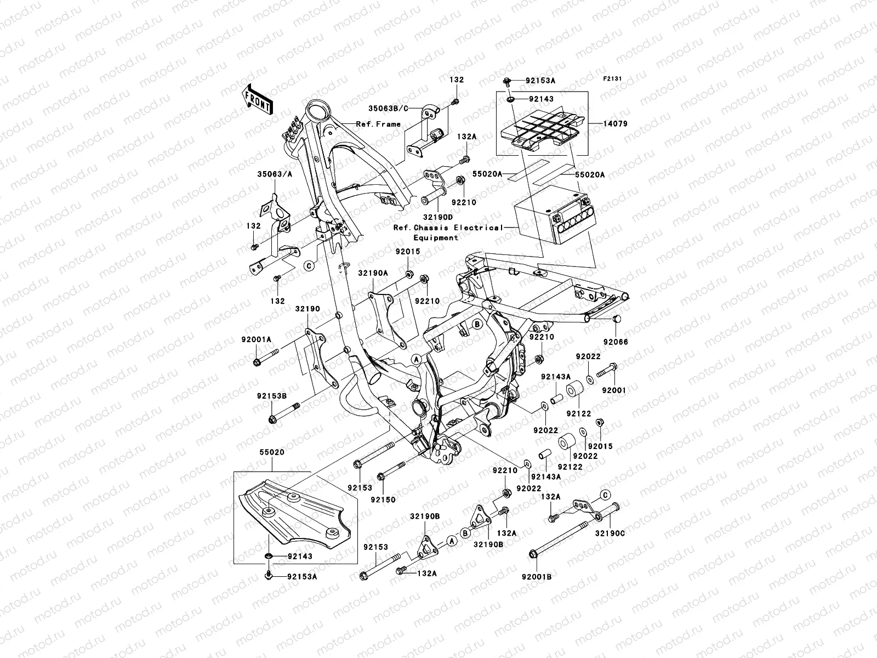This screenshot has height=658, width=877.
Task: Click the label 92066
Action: tap(616, 342)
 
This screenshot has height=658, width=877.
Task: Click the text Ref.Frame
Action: tap(378, 124)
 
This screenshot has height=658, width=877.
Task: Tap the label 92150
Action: tap(382, 500)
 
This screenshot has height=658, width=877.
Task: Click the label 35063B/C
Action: tap(402, 109)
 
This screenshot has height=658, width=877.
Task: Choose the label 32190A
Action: tap(373, 273)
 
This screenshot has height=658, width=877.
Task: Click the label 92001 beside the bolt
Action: tap(613, 390)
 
